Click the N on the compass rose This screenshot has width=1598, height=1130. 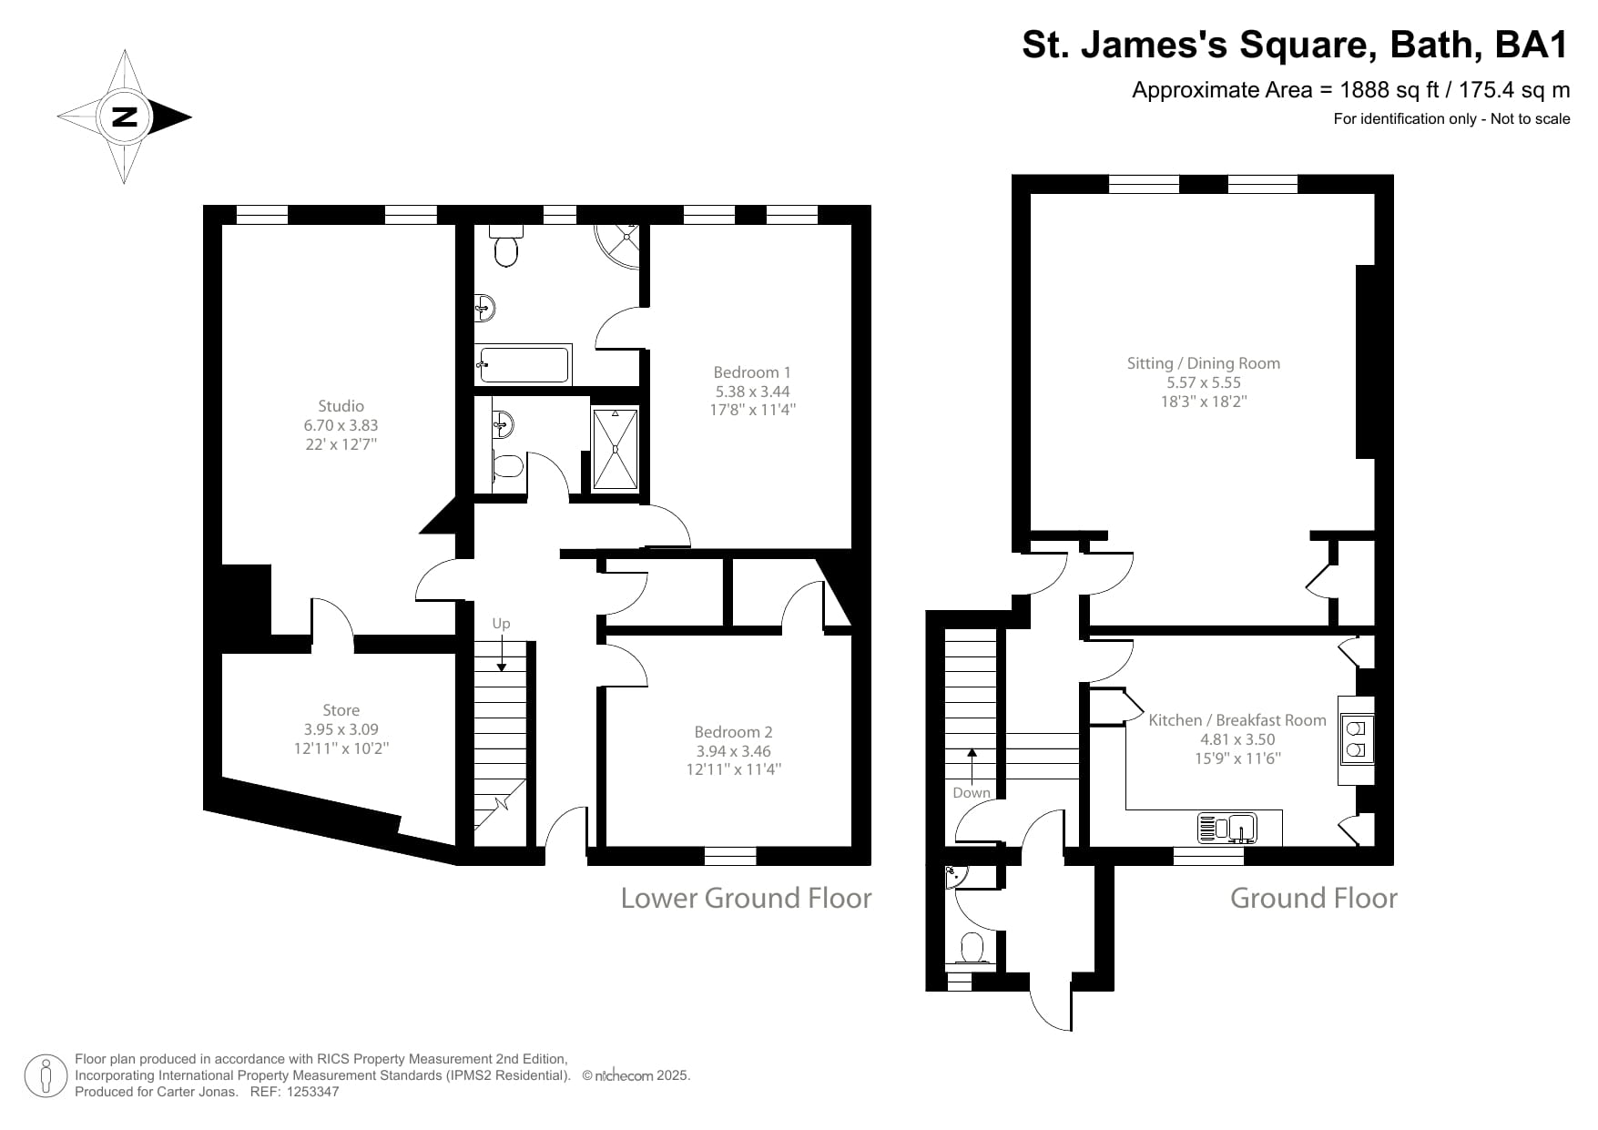(124, 117)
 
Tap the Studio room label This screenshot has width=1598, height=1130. (341, 406)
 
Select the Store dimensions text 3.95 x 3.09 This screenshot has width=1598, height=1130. (341, 729)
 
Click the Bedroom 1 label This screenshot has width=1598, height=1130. (751, 372)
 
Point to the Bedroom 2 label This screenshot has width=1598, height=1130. (733, 732)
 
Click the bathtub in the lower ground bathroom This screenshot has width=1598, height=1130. (524, 365)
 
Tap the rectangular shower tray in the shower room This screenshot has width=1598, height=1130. (616, 450)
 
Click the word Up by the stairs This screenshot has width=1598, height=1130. (501, 624)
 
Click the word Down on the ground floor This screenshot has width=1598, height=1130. (971, 792)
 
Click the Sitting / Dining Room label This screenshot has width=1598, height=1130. (1203, 363)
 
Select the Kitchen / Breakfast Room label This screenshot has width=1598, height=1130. (1237, 720)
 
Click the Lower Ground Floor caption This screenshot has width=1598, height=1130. (746, 899)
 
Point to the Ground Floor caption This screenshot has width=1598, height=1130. (1313, 899)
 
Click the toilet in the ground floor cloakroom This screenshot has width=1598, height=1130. (972, 948)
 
